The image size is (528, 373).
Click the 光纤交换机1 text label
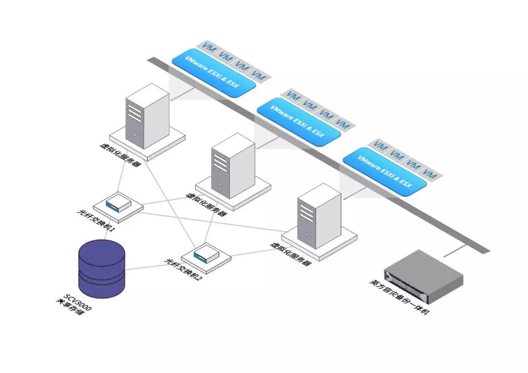pyautogui.click(x=96, y=220)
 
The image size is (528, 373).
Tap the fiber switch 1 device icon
pyautogui.click(x=118, y=202)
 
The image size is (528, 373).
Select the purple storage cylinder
pyautogui.click(x=102, y=268)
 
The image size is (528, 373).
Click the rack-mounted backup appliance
pyautogui.click(x=422, y=276)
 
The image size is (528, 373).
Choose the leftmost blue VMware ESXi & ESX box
pyautogui.click(x=214, y=72)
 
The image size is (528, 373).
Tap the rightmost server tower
pyautogui.click(x=319, y=215)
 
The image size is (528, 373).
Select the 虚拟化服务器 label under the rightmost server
pyautogui.click(x=290, y=253)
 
